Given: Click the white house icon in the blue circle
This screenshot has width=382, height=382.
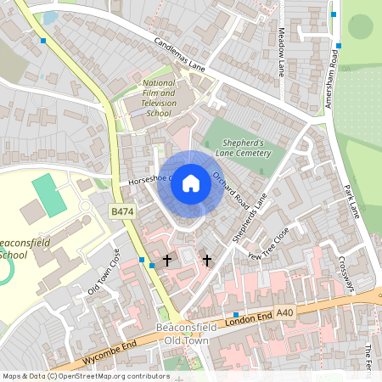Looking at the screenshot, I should point(191,183).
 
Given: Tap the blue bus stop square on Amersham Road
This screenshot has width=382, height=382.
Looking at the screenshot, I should point(337,46).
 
